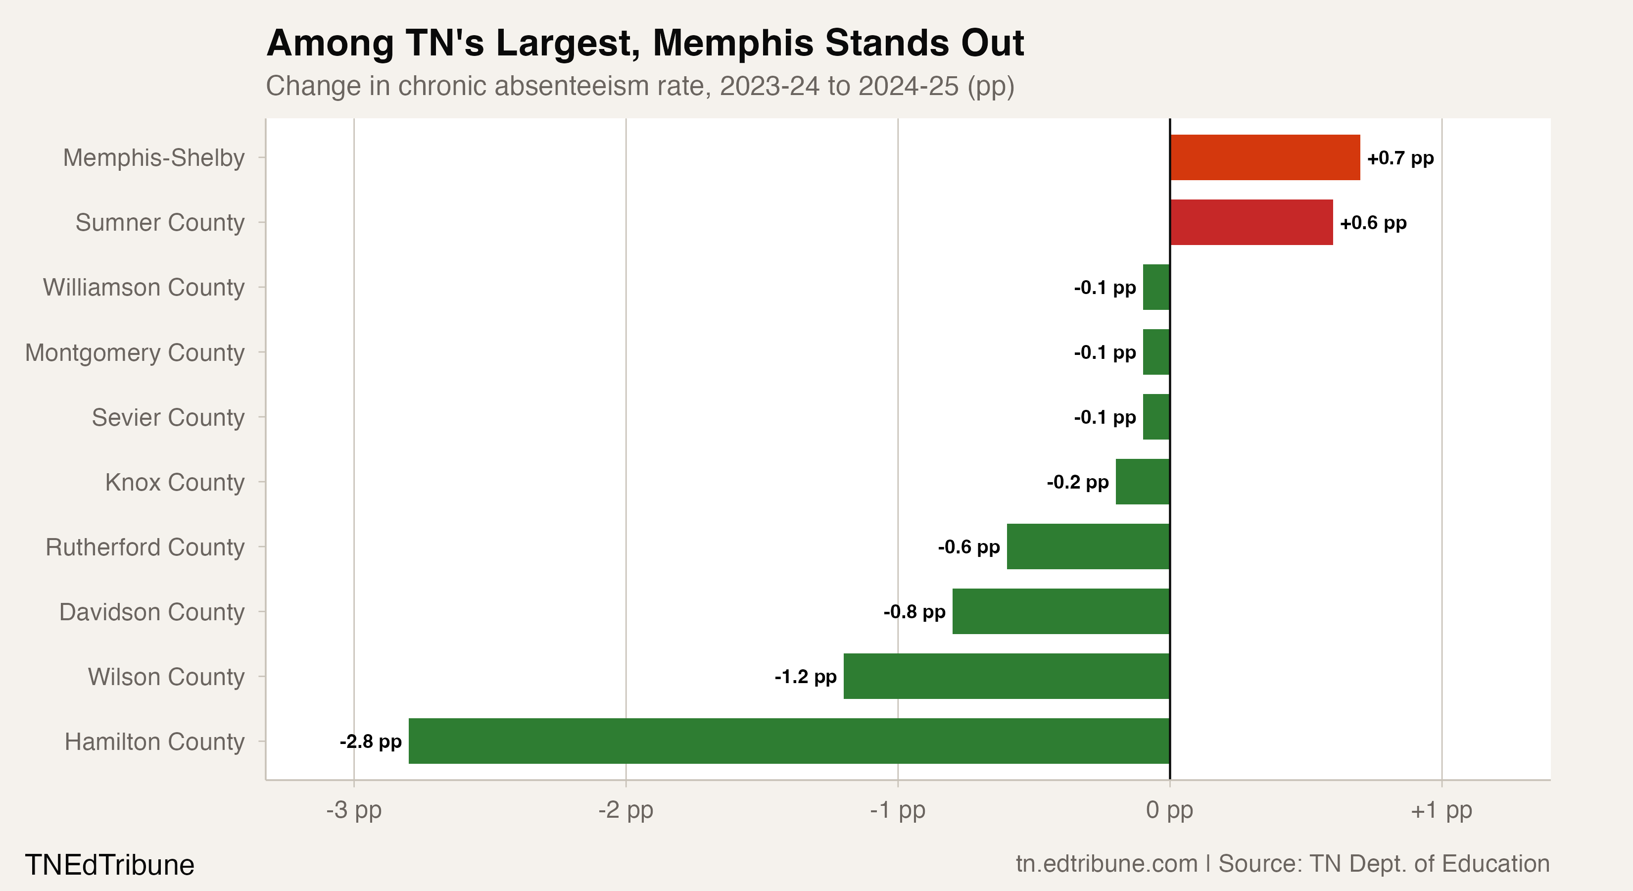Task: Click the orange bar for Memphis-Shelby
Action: click(x=1265, y=157)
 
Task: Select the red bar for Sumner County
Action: click(x=1251, y=223)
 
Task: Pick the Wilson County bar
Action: click(x=1006, y=676)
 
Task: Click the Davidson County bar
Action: click(x=1060, y=611)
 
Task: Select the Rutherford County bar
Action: click(x=1088, y=546)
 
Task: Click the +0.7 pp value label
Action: click(x=1400, y=158)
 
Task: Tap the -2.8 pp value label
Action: click(x=370, y=742)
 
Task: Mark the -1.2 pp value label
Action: click(x=805, y=677)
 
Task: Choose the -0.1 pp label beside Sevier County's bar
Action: click(x=1105, y=417)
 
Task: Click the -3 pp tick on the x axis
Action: click(x=354, y=810)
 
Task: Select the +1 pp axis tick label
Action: click(x=1441, y=810)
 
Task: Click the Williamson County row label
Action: click(x=144, y=287)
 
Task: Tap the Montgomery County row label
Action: click(x=135, y=352)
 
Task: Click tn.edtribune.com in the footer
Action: click(x=1106, y=864)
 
